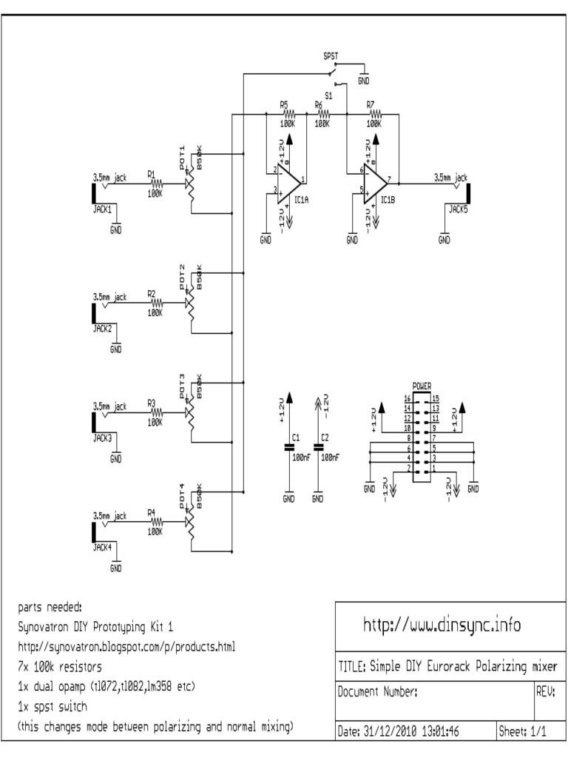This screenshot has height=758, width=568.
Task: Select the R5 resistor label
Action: tap(283, 105)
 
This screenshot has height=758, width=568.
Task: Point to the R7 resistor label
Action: tap(371, 105)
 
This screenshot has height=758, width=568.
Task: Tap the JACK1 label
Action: tap(102, 209)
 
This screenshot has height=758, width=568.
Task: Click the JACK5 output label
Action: tap(458, 209)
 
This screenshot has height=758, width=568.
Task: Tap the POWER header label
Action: tap(422, 386)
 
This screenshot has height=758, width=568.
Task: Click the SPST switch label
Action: tap(331, 56)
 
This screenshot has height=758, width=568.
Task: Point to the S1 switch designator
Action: tap(329, 95)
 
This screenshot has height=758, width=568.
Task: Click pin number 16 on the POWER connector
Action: tap(407, 399)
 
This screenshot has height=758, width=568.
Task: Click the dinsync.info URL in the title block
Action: tap(442, 625)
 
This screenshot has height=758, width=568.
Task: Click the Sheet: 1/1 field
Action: tap(523, 731)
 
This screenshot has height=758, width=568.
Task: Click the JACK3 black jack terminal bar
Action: tap(93, 421)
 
